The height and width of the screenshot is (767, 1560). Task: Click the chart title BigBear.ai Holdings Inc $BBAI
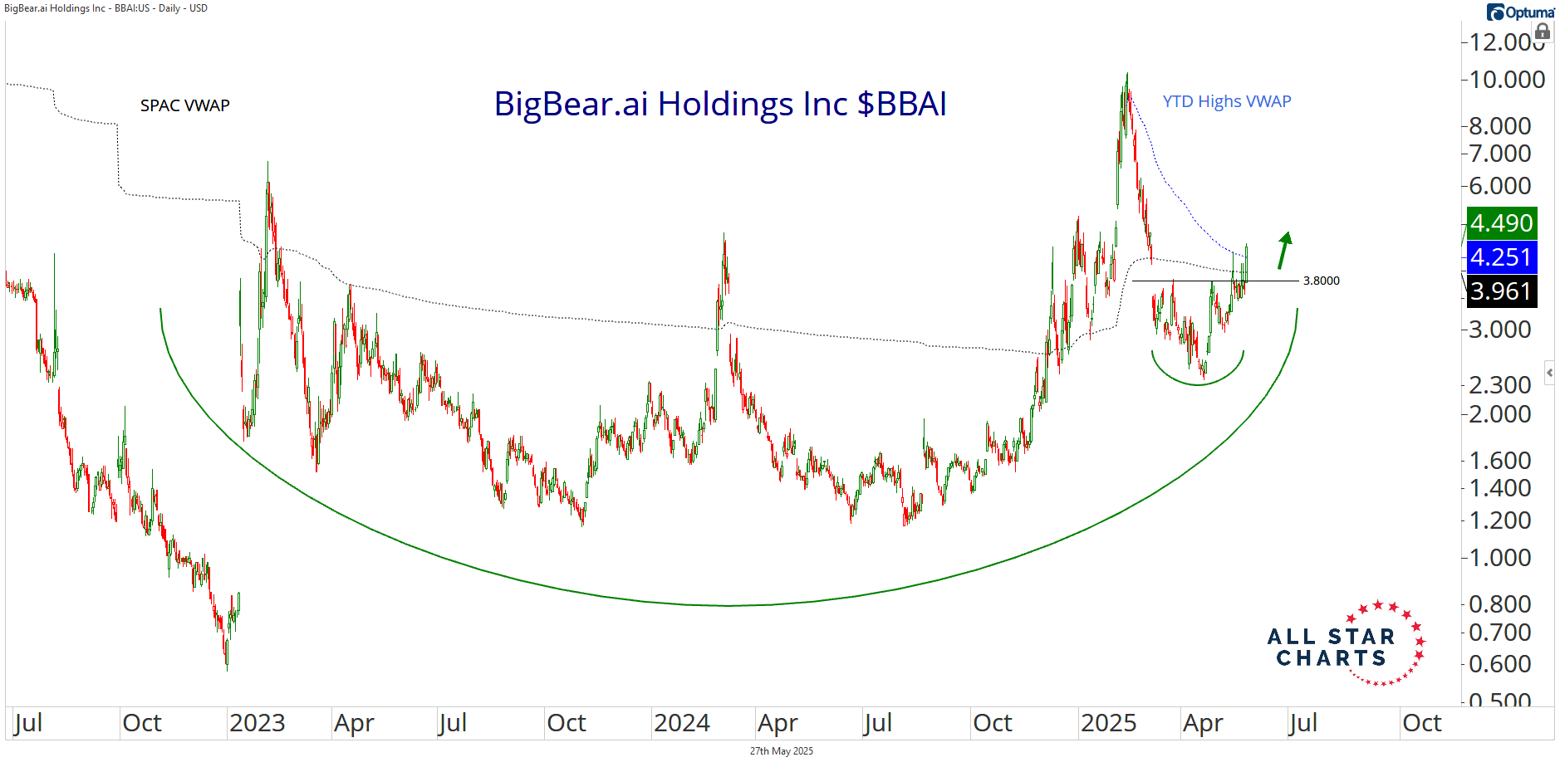coord(719,105)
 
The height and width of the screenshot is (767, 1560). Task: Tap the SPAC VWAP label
coord(184,105)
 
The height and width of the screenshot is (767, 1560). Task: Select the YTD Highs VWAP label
coord(1226,101)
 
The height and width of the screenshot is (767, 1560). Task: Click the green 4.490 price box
coord(1501,223)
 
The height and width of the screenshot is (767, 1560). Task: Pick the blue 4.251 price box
coord(1501,257)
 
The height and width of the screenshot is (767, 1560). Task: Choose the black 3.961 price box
coord(1501,291)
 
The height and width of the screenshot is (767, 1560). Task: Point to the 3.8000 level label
coord(1321,281)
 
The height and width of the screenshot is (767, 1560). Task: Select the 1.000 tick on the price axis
coord(1500,558)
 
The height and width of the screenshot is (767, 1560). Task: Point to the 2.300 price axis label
coord(1500,385)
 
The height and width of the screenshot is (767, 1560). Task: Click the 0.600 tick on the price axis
coord(1500,664)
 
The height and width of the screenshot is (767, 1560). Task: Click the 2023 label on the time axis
coord(257,723)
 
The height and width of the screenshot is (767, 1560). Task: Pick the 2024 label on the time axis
coord(681,723)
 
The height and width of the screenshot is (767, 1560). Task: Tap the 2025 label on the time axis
coord(1108,723)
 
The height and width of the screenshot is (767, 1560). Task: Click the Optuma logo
coord(1520,12)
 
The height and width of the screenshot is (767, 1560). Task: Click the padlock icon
coord(1543,32)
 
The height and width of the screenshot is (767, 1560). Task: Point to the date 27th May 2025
coord(781,751)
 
